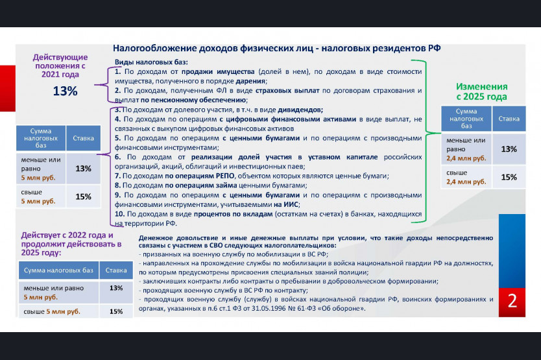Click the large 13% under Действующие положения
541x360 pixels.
click(66, 91)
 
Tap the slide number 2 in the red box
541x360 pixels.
click(512, 301)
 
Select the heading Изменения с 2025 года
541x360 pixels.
click(482, 91)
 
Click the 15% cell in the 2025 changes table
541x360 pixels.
click(509, 177)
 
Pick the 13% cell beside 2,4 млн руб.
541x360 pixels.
click(509, 149)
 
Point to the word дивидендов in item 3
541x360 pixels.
click(300, 110)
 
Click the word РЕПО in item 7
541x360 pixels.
click(225, 176)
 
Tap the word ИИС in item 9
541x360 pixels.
click(291, 204)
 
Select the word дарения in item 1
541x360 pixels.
click(251, 82)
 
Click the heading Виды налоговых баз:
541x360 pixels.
click(151, 62)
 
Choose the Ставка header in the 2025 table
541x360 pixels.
click(509, 119)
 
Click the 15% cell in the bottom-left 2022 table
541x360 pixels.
click(116, 311)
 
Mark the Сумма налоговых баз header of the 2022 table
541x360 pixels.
click(58, 270)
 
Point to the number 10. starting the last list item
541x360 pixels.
click(120, 214)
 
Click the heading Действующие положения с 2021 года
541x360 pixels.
click(60, 66)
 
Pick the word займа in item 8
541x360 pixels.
click(226, 186)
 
